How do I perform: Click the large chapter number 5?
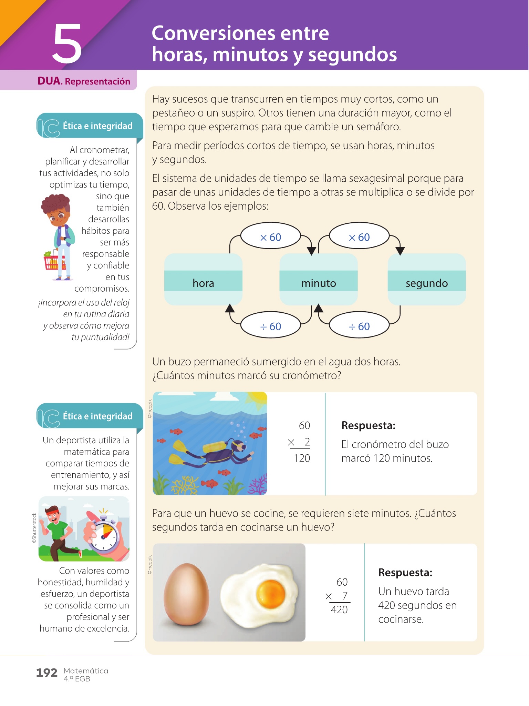[67, 44]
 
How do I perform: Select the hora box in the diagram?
[203, 280]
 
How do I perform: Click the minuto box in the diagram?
[318, 280]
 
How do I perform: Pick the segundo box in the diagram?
[426, 280]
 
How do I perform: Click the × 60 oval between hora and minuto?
[270, 237]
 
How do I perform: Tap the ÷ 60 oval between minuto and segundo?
[359, 326]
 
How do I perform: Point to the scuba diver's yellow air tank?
[215, 447]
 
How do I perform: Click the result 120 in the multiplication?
[302, 458]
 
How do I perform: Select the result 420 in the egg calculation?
[339, 610]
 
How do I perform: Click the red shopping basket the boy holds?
[54, 261]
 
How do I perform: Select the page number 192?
[46, 673]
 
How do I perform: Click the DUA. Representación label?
[84, 81]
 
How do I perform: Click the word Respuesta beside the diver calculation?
[368, 426]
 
